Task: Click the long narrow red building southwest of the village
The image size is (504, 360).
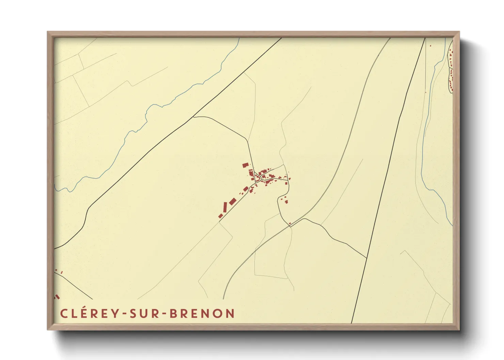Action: (225, 207)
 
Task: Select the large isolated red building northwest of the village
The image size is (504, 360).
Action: (246, 165)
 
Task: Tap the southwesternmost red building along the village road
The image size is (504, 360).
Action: (220, 216)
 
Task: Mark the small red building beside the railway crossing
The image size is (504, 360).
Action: (290, 224)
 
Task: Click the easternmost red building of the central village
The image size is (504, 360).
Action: (289, 178)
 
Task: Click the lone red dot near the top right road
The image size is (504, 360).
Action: (430, 46)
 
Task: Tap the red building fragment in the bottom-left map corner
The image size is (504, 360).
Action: (57, 297)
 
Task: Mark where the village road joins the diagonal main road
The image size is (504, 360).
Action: (193, 117)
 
